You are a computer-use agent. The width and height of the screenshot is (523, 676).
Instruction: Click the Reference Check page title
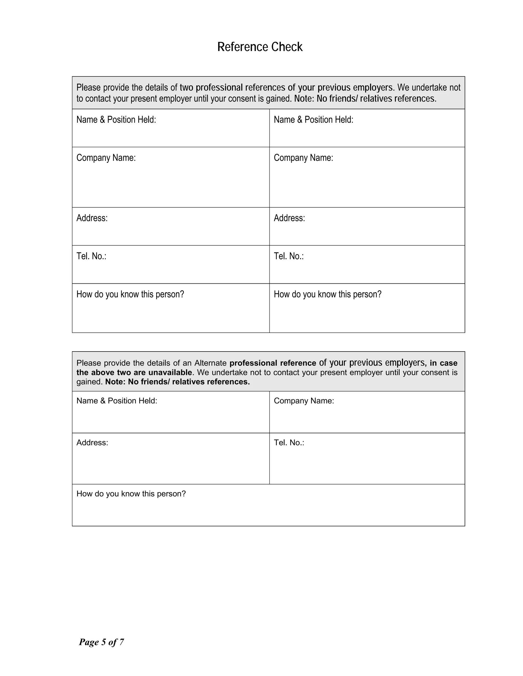[x=260, y=47]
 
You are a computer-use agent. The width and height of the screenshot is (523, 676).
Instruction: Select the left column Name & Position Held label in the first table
[x=116, y=120]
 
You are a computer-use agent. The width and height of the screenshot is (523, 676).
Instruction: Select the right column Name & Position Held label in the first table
[x=313, y=120]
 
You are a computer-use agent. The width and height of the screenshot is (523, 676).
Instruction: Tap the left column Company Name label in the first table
[x=106, y=158]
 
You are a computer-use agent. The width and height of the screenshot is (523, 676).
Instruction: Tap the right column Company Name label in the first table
[x=303, y=158]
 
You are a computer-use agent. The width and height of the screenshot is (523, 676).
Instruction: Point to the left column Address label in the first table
[x=92, y=218]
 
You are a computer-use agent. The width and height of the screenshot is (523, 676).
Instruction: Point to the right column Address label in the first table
[x=289, y=218]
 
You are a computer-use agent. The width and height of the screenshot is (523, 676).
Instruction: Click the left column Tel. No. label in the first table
[x=91, y=256]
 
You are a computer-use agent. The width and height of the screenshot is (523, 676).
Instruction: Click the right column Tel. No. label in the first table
[x=289, y=256]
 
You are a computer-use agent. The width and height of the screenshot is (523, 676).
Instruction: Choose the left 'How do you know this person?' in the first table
[x=130, y=294]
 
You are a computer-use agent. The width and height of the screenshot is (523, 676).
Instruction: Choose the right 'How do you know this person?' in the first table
[x=327, y=294]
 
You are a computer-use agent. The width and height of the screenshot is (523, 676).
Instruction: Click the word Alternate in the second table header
[x=210, y=363]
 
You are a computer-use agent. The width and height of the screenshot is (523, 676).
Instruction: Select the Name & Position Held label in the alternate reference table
[x=117, y=401]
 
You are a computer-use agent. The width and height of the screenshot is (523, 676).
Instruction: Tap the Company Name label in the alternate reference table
[x=304, y=401]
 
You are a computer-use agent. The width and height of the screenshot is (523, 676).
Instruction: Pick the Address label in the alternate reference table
[x=92, y=443]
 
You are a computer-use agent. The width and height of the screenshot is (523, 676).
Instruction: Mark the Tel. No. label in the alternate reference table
[x=289, y=443]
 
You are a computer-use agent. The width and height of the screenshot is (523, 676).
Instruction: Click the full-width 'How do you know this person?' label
[x=131, y=494]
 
